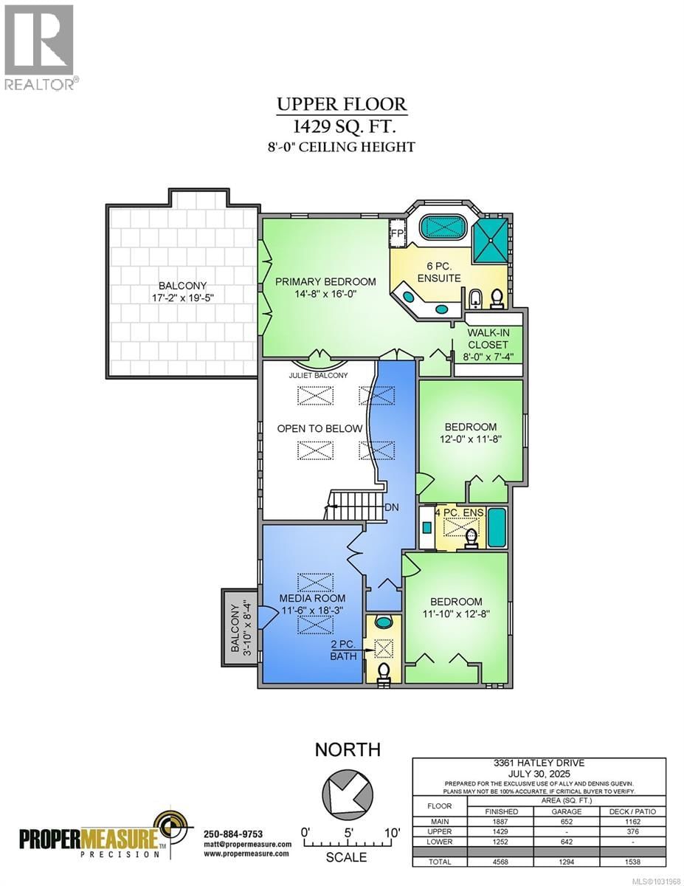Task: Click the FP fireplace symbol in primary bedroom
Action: click(x=398, y=233)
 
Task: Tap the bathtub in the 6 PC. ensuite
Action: click(x=449, y=226)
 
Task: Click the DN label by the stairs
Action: click(x=392, y=507)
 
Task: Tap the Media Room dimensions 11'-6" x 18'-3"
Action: click(x=311, y=611)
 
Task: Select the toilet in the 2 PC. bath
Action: click(x=384, y=673)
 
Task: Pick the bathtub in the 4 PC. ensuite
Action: click(x=497, y=528)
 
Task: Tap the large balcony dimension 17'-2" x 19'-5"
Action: click(x=182, y=298)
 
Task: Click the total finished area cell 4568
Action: click(x=502, y=861)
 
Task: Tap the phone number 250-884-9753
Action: click(x=232, y=834)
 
